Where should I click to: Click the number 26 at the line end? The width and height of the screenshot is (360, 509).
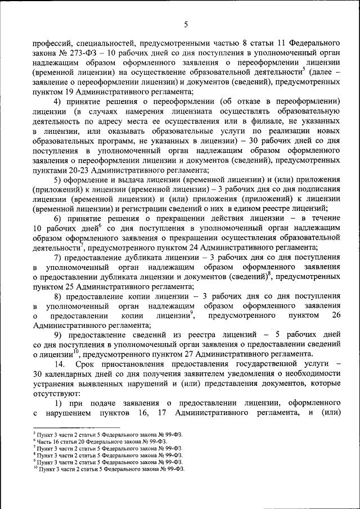[x=336, y=316]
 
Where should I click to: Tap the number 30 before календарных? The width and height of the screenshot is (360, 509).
[x=38, y=374]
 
